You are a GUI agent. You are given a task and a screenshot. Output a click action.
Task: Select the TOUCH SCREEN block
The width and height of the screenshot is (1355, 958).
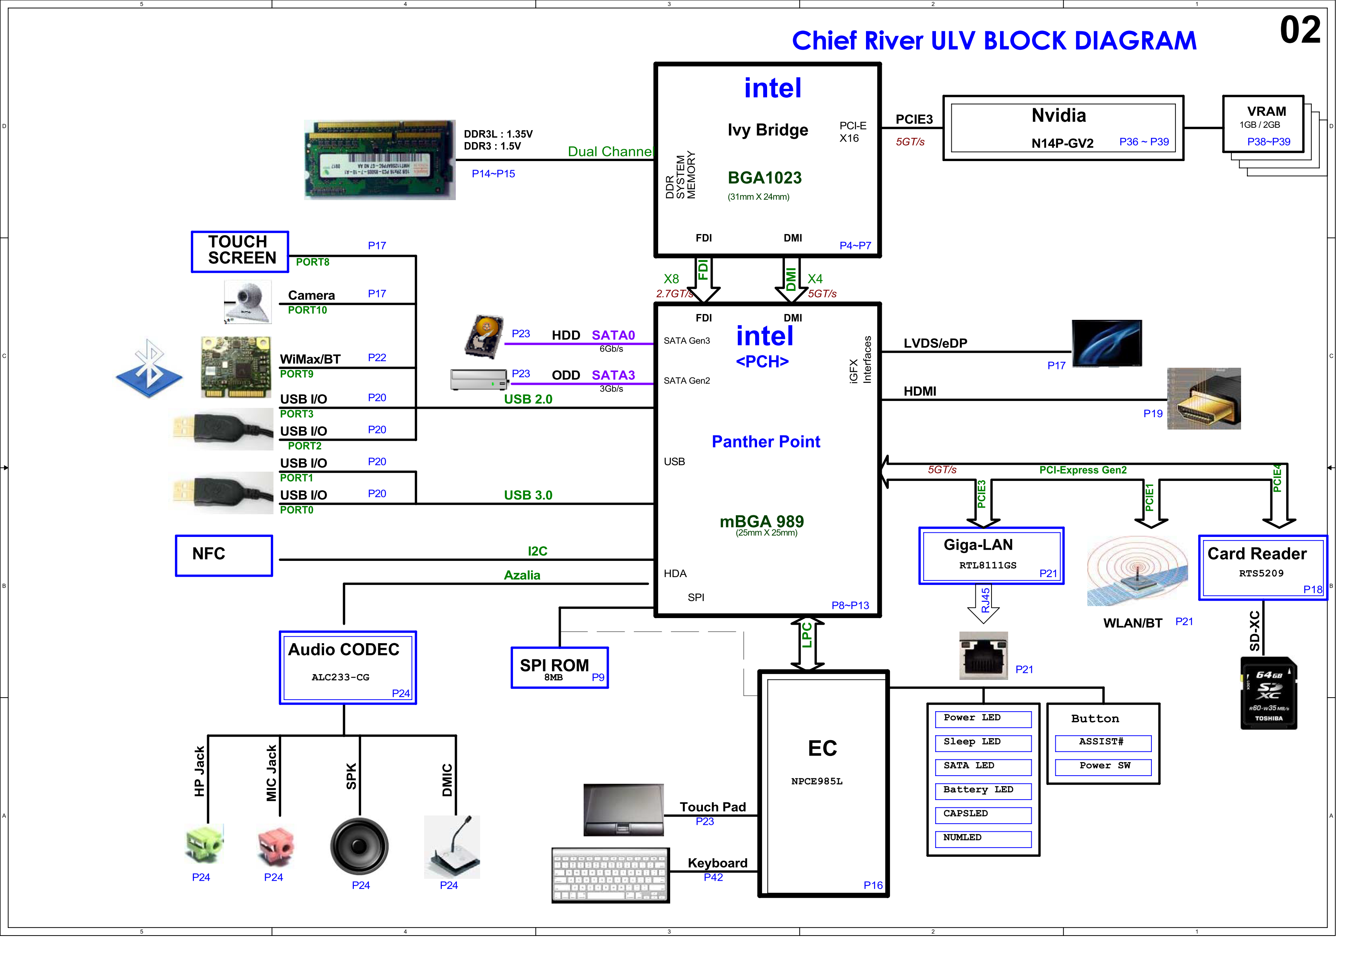tap(239, 251)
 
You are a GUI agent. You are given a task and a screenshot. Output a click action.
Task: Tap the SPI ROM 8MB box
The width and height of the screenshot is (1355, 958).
tap(559, 668)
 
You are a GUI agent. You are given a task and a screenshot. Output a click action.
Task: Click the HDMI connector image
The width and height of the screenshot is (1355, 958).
tap(1204, 399)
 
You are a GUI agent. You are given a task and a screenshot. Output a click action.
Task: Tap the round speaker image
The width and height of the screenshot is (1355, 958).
tap(359, 846)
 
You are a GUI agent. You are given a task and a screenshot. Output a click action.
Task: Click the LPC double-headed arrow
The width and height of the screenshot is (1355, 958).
tap(807, 644)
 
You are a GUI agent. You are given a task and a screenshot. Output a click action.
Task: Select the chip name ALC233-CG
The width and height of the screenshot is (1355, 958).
tap(341, 678)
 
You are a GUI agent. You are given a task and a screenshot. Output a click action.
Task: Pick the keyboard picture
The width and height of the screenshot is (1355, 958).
tap(610, 875)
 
